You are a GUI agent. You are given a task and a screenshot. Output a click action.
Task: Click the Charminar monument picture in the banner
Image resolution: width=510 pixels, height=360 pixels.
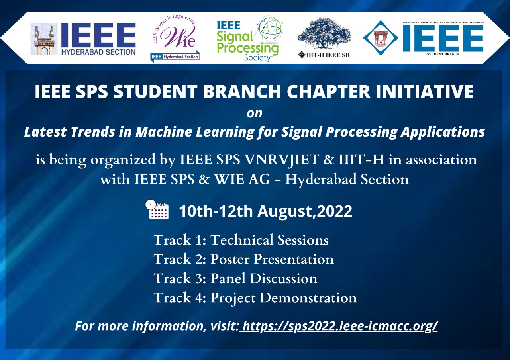(44, 39)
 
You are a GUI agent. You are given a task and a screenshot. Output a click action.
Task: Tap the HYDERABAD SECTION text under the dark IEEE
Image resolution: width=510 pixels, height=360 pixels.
(98, 52)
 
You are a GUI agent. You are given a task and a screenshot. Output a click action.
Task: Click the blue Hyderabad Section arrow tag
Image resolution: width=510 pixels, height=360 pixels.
(175, 57)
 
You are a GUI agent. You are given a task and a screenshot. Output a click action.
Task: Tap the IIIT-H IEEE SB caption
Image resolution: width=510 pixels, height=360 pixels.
(324, 55)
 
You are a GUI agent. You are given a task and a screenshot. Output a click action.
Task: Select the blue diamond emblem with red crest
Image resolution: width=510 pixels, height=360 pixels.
(381, 38)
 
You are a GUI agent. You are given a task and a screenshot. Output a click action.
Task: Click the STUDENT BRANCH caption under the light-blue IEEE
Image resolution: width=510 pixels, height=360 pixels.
(443, 54)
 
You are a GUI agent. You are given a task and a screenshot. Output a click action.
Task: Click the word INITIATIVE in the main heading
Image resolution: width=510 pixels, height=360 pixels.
(425, 92)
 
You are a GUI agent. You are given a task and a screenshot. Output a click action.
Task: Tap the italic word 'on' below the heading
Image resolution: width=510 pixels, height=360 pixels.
(255, 113)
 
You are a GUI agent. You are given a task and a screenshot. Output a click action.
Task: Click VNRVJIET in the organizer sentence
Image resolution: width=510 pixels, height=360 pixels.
(282, 160)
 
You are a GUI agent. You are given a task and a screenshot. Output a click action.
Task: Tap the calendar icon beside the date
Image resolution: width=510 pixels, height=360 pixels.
(157, 209)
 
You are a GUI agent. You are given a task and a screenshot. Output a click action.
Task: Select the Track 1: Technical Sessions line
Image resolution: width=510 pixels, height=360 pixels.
(241, 240)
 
